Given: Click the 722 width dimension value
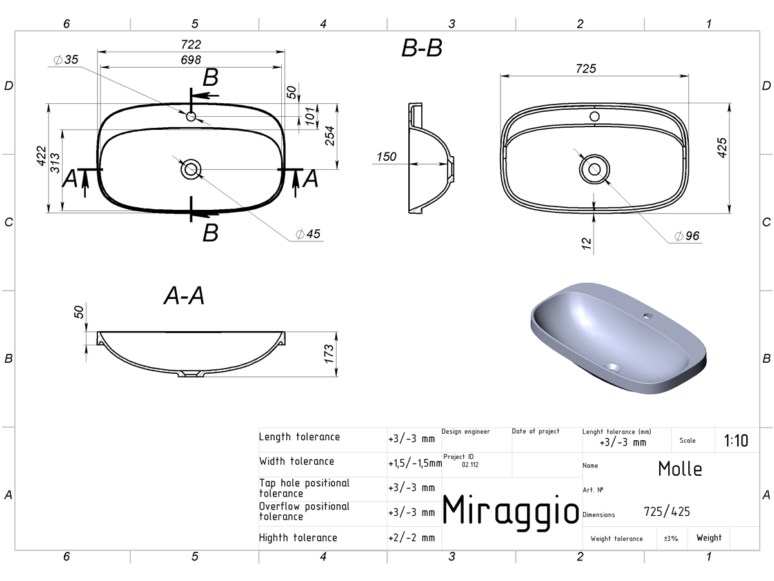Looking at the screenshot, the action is [191, 45].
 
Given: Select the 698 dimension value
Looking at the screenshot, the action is [191, 60].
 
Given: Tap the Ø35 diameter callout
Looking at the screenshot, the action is [66, 59].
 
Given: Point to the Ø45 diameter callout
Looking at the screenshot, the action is [308, 234].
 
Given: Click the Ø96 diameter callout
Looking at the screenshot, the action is [686, 236].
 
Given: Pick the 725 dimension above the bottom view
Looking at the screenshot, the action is [586, 68].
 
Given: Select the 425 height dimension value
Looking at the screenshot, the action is [722, 148].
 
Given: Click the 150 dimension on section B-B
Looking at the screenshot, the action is [386, 157].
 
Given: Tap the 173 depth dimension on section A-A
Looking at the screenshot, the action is [329, 354].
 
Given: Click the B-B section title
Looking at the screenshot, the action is [422, 48].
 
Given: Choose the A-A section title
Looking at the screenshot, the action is [184, 296].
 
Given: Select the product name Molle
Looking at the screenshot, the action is [680, 469].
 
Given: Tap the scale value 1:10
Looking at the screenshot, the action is [736, 441].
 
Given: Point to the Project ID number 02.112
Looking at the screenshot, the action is [470, 465].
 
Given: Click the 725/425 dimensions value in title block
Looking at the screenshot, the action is [667, 511].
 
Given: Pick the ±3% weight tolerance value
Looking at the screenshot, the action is [671, 538].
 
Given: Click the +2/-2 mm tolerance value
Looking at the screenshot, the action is [412, 538].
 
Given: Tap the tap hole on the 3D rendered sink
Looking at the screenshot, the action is [648, 316].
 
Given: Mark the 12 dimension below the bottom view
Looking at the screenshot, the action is [586, 243].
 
